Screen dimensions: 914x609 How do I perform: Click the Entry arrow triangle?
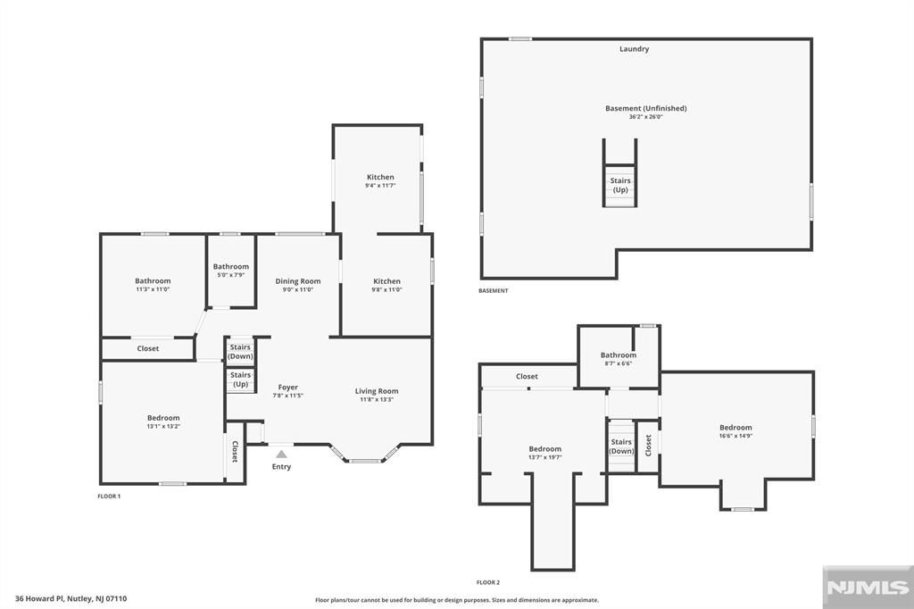[x=281, y=454]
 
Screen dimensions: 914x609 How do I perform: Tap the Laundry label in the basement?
[x=635, y=49]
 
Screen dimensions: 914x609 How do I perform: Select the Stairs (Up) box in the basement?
[x=620, y=186]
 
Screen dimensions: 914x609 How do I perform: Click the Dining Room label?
[x=298, y=281]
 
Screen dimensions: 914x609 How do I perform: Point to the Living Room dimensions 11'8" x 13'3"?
[x=377, y=400]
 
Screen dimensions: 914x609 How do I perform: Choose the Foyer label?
[x=288, y=388]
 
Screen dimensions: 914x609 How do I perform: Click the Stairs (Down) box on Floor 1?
[x=240, y=352]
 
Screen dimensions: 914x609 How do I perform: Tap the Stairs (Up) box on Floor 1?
[x=240, y=380]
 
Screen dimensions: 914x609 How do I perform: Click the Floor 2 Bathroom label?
[x=619, y=355]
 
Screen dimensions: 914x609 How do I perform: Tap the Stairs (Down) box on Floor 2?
[x=621, y=446]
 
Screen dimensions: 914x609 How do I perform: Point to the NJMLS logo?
[x=868, y=588]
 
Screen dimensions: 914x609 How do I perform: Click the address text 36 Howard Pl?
[x=39, y=598]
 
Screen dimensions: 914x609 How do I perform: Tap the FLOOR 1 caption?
[x=109, y=496]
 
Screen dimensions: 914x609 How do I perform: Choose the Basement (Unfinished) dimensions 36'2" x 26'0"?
[x=646, y=117]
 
